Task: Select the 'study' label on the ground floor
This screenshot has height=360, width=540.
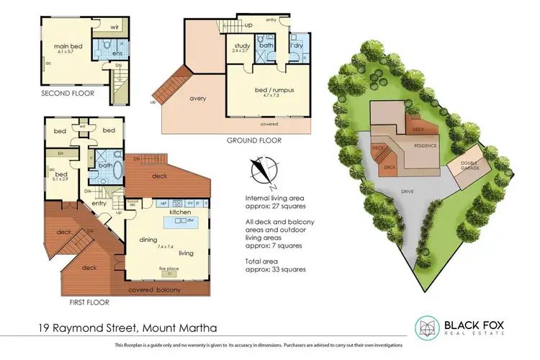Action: tap(241, 45)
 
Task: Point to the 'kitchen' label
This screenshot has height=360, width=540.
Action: tap(179, 213)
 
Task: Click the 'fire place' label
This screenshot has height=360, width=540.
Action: tap(169, 268)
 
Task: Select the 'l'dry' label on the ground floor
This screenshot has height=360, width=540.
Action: tap(295, 46)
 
